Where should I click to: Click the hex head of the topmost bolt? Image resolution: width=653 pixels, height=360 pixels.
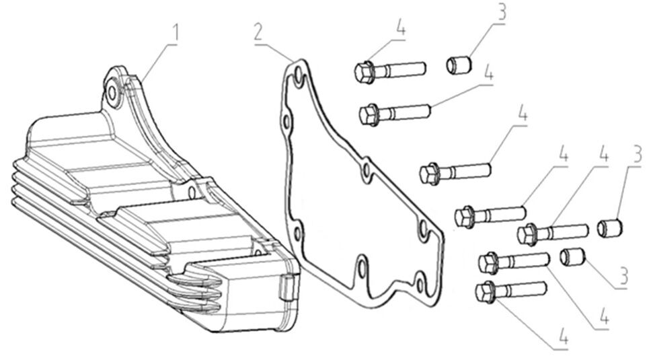coord(364,72)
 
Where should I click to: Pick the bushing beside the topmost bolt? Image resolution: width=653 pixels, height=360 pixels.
coord(459,65)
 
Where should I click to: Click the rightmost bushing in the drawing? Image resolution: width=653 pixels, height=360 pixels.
coord(611,227)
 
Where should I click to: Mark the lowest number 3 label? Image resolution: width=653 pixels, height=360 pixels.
coord(623,275)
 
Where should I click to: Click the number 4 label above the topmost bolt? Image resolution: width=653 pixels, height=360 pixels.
coord(401,28)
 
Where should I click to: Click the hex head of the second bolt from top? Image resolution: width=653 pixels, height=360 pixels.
coord(369,114)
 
